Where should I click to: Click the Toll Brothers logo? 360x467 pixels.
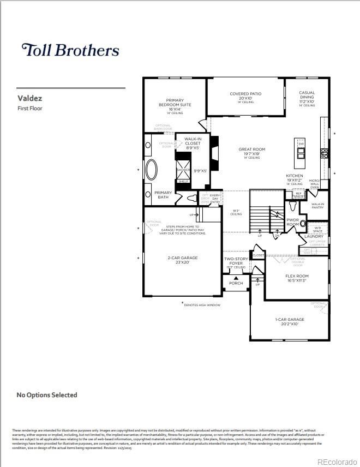pos(70,50)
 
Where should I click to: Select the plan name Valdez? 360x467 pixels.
pos(30,99)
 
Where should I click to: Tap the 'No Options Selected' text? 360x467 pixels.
pos(47,394)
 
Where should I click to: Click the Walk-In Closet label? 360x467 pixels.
pos(193,143)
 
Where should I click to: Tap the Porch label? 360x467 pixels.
pos(236,283)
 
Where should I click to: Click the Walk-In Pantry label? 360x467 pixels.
pos(318,206)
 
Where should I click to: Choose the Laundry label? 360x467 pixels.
pos(314,236)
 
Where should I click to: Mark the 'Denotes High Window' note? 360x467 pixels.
pos(202,305)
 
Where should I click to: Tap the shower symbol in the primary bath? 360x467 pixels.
pos(183,170)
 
